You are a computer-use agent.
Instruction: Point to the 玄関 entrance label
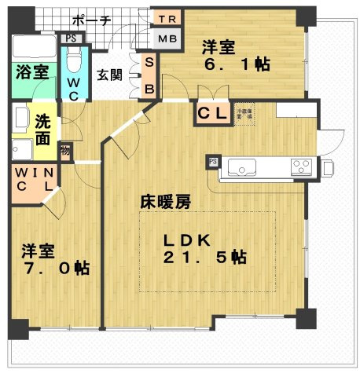tap(110, 76)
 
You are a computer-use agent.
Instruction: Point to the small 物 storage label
tap(66, 149)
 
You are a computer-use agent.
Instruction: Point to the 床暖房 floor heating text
tap(165, 202)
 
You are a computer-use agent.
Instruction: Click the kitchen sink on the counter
tap(242, 166)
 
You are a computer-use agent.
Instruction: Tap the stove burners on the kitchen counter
tap(301, 166)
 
